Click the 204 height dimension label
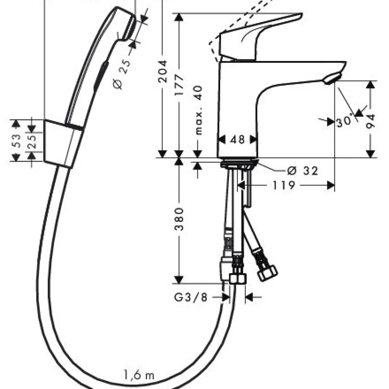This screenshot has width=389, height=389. pyautogui.click(x=163, y=71)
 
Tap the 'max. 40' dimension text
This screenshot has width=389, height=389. pyautogui.click(x=199, y=110)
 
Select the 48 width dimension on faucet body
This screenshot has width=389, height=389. pyautogui.click(x=237, y=140)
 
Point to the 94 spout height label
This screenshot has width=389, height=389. pyautogui.click(x=371, y=121)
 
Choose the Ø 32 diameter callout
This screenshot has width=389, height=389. pyautogui.click(x=302, y=171)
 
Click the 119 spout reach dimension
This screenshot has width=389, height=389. pyautogui.click(x=284, y=185)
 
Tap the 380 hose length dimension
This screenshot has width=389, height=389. pyautogui.click(x=179, y=219)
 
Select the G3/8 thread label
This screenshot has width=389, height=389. pyautogui.click(x=190, y=297)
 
